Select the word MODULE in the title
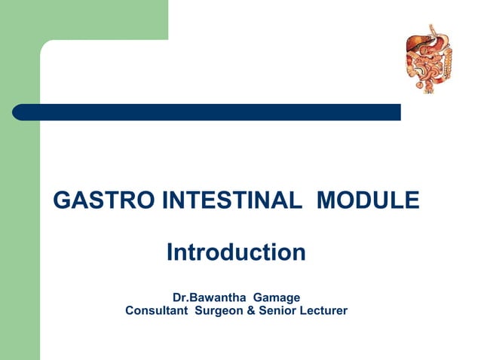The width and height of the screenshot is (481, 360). pyautogui.click(x=368, y=201)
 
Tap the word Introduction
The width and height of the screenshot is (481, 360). pyautogui.click(x=236, y=252)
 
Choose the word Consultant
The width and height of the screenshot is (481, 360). pyautogui.click(x=157, y=310)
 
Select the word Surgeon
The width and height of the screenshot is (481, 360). pyautogui.click(x=219, y=310)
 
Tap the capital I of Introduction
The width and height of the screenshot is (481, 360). pyautogui.click(x=170, y=252)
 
